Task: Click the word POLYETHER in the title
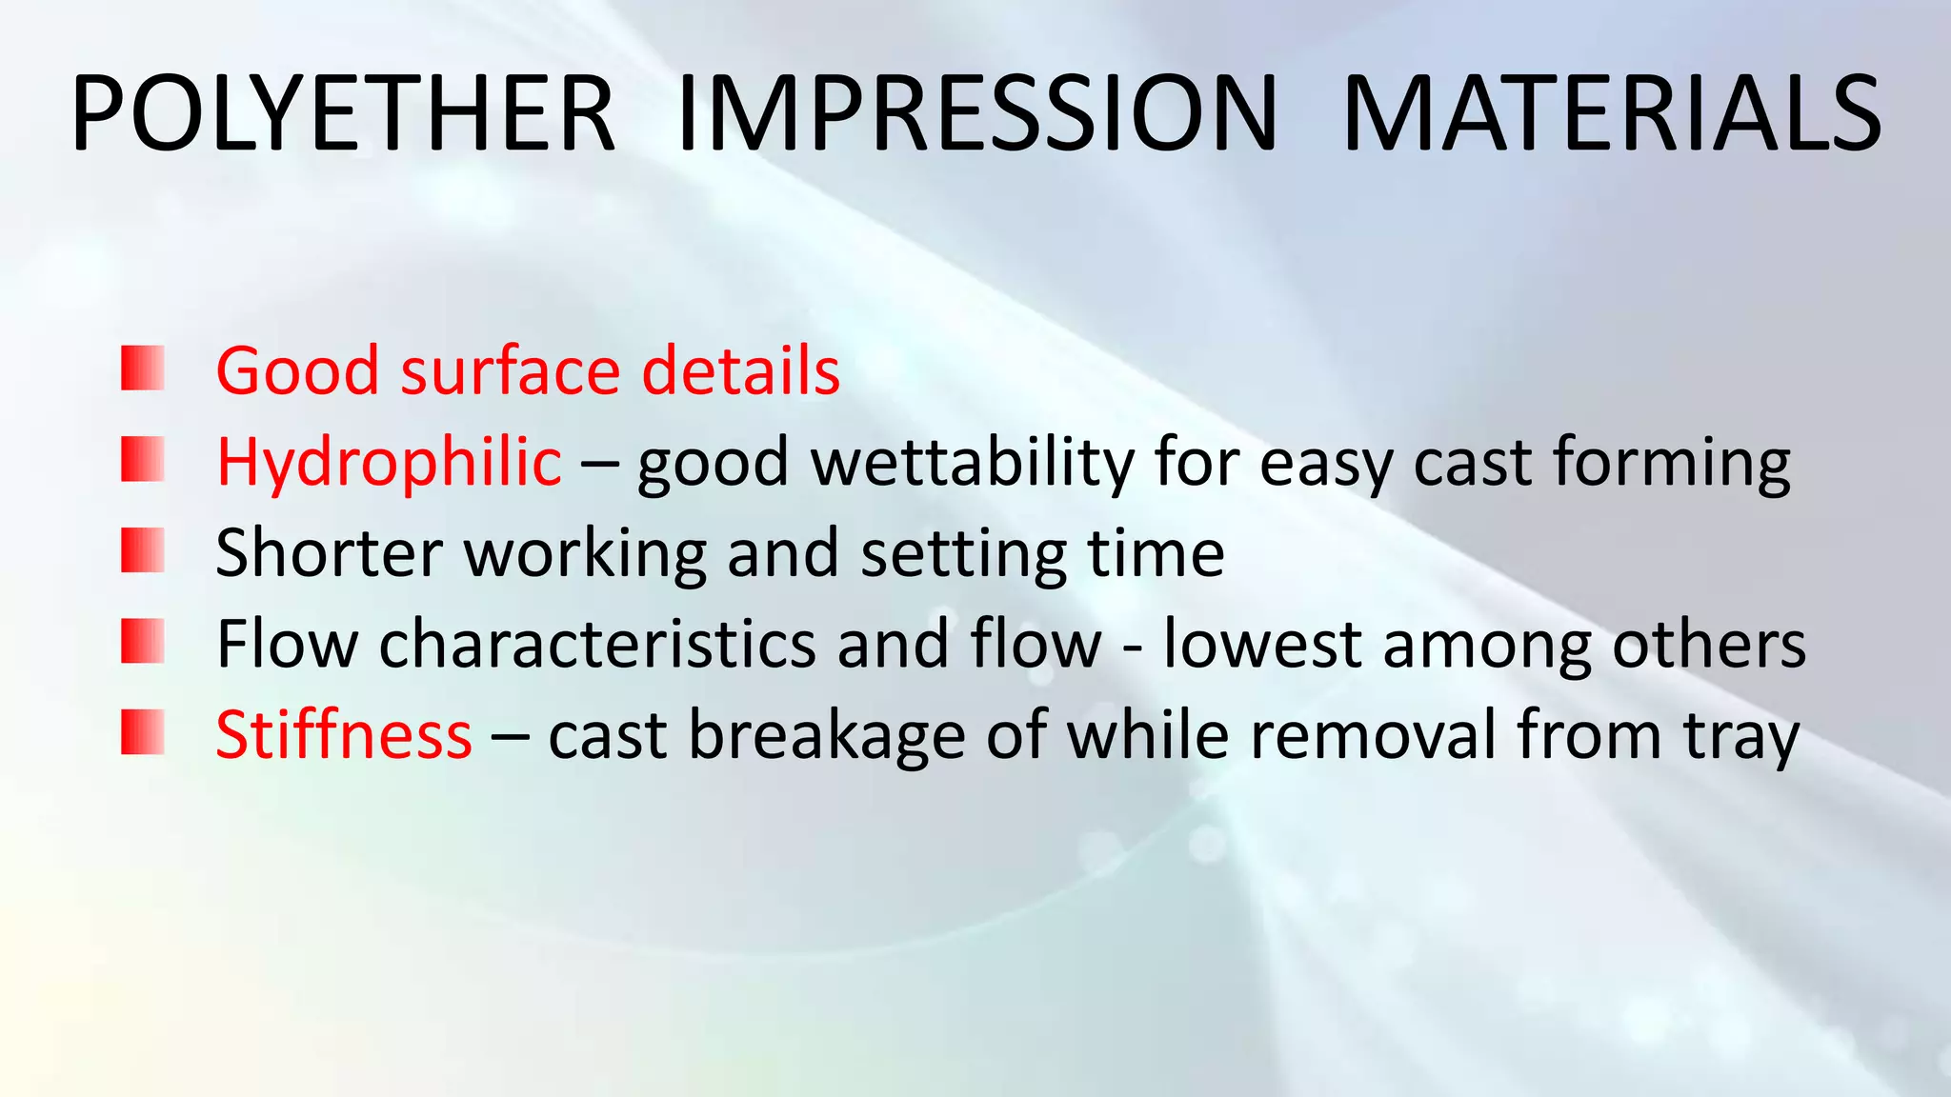pos(343,114)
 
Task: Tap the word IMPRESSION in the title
pos(975,114)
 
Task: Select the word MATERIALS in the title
pos(1610,114)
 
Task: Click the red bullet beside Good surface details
pos(143,369)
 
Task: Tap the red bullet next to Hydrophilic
pos(143,460)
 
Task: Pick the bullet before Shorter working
pos(143,551)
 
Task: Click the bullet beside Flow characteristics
pos(143,642)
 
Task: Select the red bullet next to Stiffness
pos(143,733)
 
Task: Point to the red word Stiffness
pos(344,735)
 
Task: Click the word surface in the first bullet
pos(511,371)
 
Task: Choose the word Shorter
pos(329,553)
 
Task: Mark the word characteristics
pos(597,645)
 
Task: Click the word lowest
pos(1262,645)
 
